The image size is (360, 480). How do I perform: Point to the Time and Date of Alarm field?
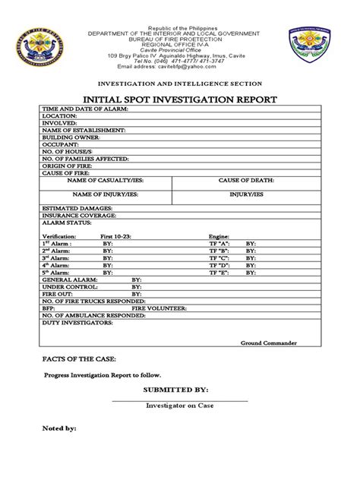click(x=85, y=110)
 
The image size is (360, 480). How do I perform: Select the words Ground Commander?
click(x=268, y=343)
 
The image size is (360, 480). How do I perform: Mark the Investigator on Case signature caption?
click(x=179, y=406)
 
